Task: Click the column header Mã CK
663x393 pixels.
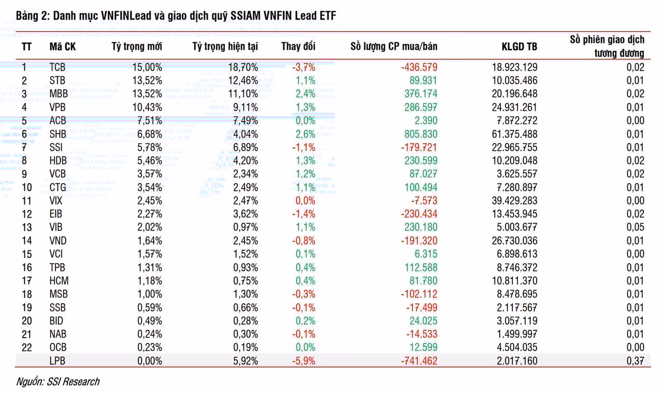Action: [x=63, y=47]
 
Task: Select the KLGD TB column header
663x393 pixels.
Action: [x=519, y=47]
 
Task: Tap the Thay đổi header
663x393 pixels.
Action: [x=298, y=47]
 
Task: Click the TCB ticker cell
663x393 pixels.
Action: [x=57, y=67]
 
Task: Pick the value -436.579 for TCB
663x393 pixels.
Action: [x=419, y=67]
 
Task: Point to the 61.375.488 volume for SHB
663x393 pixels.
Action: [x=514, y=134]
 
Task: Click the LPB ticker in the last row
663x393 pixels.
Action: [x=57, y=361]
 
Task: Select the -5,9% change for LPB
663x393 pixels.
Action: [x=304, y=361]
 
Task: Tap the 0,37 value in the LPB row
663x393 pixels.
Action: [x=635, y=361]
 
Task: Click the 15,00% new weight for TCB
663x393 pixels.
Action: [x=147, y=67]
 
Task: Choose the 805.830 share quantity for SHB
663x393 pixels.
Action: [x=421, y=134]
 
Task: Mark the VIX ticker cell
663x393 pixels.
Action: [x=56, y=201]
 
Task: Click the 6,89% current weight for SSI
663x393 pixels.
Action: [x=246, y=148]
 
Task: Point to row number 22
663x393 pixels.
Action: [x=26, y=347]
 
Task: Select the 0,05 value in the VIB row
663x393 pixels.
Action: [x=635, y=227]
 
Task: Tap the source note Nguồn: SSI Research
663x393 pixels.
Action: [x=57, y=382]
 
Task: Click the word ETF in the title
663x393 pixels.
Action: [x=327, y=16]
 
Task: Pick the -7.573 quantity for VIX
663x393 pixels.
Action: [x=424, y=201]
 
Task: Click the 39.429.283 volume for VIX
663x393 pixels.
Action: [x=514, y=201]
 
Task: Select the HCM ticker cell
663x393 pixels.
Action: [x=59, y=281]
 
